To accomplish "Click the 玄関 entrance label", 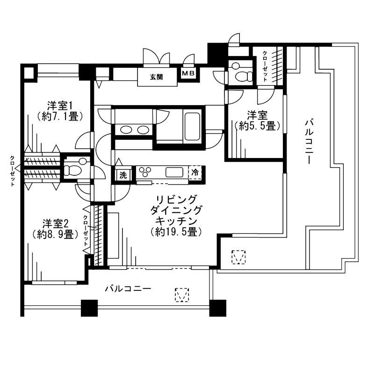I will tap(156, 77).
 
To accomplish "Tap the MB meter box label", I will tap(188, 73).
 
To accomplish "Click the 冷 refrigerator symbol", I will tap(195, 173).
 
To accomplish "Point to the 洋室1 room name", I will tap(60, 105).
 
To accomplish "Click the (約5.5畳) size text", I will tap(258, 126).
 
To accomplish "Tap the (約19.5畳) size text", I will tap(176, 231).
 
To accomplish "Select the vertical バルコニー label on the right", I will tap(308, 141).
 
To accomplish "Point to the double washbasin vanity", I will tap(134, 130).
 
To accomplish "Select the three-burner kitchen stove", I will tap(145, 172).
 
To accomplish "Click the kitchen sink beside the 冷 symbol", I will tap(174, 172).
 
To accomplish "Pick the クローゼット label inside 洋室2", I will tap(86, 231).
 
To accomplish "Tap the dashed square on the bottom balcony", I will tap(182, 294).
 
